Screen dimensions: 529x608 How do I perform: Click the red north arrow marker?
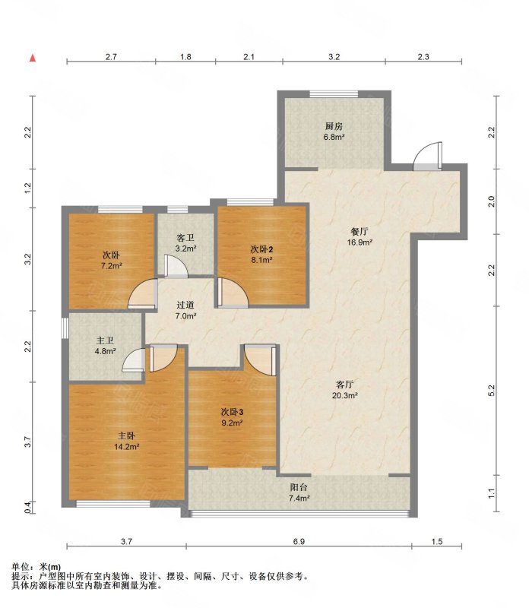[x=33, y=59]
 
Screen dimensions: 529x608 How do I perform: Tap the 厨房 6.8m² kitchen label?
[x=334, y=131]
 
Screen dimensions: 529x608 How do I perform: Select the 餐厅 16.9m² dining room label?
[x=360, y=237]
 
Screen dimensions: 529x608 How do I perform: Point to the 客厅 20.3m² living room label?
[x=344, y=390]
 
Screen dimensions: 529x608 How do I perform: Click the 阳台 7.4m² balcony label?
[x=299, y=492]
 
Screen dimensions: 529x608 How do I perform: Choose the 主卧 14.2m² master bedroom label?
[x=126, y=442]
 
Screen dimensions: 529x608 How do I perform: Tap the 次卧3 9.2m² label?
[x=232, y=416]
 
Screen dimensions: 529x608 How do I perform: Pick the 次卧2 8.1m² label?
[x=261, y=254]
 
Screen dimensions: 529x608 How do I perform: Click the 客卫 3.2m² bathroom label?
[x=185, y=243]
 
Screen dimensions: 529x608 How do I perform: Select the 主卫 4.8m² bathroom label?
[x=105, y=346]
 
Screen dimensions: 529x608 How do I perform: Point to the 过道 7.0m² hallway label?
[x=185, y=310]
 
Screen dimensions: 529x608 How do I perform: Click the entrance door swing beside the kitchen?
[x=427, y=156]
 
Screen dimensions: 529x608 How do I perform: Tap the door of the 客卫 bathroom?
[x=176, y=266]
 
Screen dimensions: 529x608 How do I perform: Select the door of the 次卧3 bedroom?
[x=260, y=359]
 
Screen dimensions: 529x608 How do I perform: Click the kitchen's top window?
[x=334, y=93]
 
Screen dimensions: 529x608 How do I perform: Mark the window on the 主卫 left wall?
[x=65, y=328]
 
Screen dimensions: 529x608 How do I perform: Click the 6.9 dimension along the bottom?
[x=299, y=541]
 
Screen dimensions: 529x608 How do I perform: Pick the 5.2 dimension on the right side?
[x=492, y=391]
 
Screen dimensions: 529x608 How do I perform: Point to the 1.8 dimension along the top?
[x=185, y=56]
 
